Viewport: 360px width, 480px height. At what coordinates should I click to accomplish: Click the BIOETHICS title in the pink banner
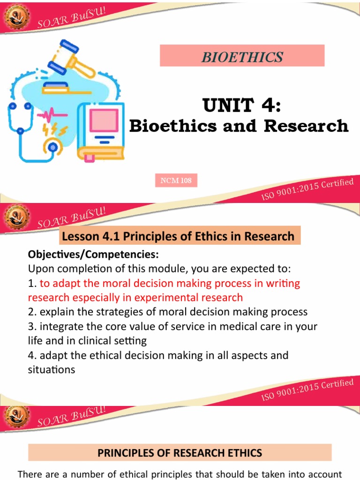click(x=242, y=57)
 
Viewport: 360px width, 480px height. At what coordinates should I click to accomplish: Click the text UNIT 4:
click(x=242, y=105)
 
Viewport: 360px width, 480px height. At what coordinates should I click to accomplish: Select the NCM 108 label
click(x=176, y=180)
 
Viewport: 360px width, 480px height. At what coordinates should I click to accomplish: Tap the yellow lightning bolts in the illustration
click(x=55, y=130)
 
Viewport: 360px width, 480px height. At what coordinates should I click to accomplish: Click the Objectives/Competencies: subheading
click(x=93, y=255)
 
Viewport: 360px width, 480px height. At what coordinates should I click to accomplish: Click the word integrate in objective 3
click(x=59, y=326)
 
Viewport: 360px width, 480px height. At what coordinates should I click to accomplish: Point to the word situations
click(x=52, y=369)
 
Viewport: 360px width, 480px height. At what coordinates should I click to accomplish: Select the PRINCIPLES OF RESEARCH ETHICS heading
click(x=180, y=453)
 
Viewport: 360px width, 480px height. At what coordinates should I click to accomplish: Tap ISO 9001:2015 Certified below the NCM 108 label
click(x=307, y=189)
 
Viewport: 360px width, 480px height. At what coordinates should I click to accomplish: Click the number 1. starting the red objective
click(x=32, y=283)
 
